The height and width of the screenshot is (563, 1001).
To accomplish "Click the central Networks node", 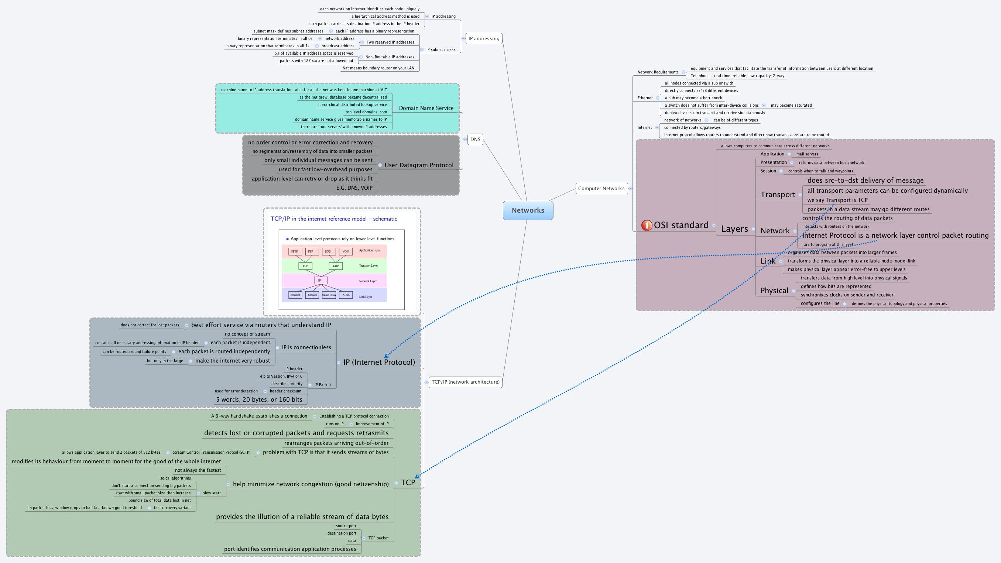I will point(528,210).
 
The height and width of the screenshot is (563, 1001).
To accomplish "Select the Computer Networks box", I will point(601,188).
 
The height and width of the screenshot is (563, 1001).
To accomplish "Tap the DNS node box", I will point(475,140).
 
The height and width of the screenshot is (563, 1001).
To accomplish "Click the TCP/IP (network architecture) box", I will point(465,382).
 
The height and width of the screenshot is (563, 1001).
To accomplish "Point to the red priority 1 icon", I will point(646,225).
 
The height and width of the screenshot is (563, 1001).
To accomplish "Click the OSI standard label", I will point(681,225).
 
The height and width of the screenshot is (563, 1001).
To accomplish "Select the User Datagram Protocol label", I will point(418,165).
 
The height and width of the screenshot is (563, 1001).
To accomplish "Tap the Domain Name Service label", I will point(426,108).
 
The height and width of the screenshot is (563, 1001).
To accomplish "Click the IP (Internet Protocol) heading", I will point(379,362).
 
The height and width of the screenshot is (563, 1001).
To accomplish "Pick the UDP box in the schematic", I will point(335,266).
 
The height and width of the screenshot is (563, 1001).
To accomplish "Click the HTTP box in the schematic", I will point(294,251).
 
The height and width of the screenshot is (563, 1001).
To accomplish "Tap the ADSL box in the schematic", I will point(346,295).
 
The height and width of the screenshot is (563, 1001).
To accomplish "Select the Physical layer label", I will point(774,291).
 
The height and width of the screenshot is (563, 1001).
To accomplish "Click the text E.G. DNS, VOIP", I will point(354,188).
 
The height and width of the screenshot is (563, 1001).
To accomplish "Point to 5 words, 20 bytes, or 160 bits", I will point(259,399).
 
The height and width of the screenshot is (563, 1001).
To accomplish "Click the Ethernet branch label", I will point(645,98).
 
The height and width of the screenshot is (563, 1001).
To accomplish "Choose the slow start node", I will point(212,493).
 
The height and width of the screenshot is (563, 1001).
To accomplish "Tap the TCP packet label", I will point(378,538).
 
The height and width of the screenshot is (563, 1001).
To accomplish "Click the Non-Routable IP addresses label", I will point(390,57).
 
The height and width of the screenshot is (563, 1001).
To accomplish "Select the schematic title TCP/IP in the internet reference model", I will point(333,219).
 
